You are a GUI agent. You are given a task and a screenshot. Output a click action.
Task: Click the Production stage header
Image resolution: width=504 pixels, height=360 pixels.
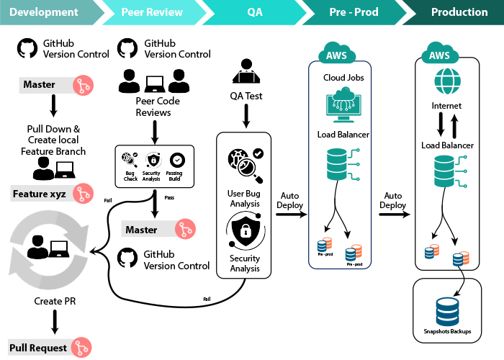click(458, 12)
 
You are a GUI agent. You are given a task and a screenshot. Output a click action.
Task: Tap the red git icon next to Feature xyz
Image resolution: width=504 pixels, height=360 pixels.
click(84, 194)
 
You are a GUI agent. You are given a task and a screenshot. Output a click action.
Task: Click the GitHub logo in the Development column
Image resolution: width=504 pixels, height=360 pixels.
click(27, 48)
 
